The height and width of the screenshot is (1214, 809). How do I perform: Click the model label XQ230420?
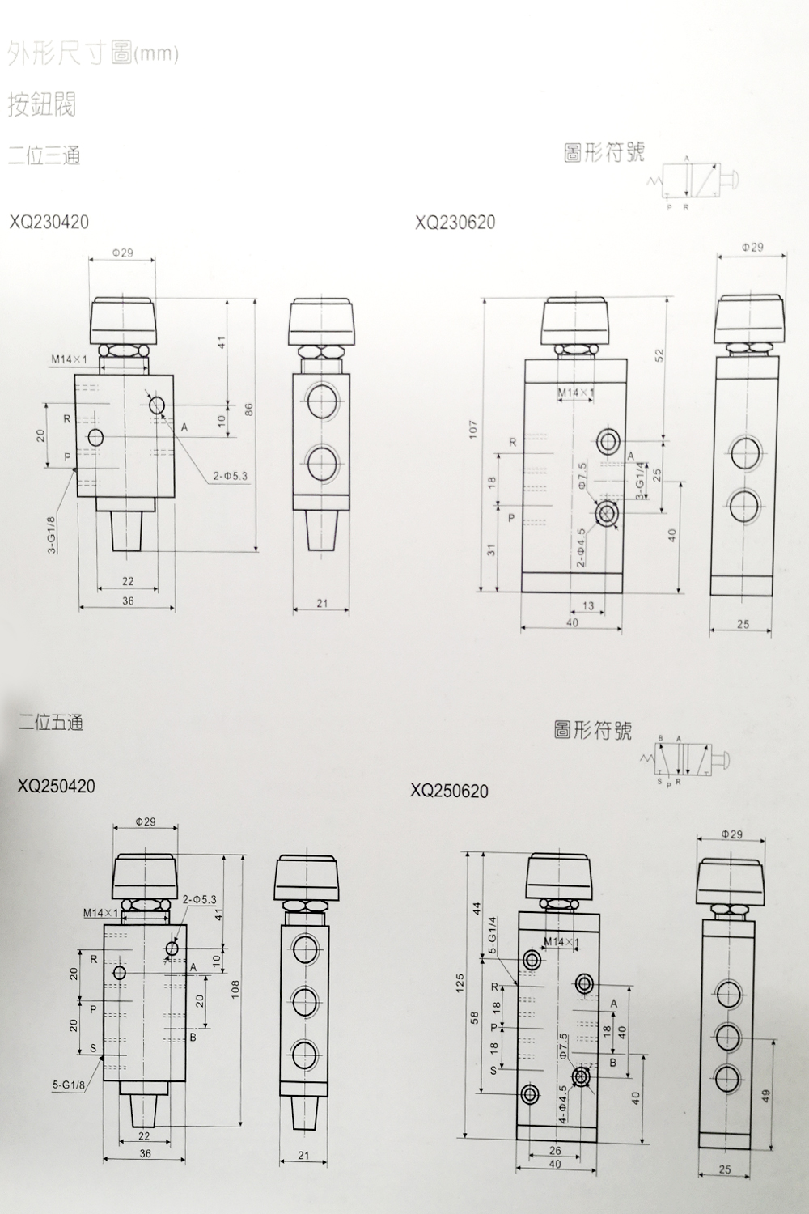point(49,222)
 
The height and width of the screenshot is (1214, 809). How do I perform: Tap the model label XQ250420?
point(57,786)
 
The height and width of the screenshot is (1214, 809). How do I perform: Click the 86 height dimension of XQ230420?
point(249,410)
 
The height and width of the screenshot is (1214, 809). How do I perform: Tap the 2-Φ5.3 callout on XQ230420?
point(231,477)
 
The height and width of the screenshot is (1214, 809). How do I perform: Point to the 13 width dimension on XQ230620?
point(587,605)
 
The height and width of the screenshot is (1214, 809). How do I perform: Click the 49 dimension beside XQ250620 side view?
point(765,1096)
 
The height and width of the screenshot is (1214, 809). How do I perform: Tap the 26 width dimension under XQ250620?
point(554,1150)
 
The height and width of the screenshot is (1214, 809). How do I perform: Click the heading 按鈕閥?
point(42,104)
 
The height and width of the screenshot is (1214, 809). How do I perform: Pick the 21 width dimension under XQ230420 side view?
point(322,603)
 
